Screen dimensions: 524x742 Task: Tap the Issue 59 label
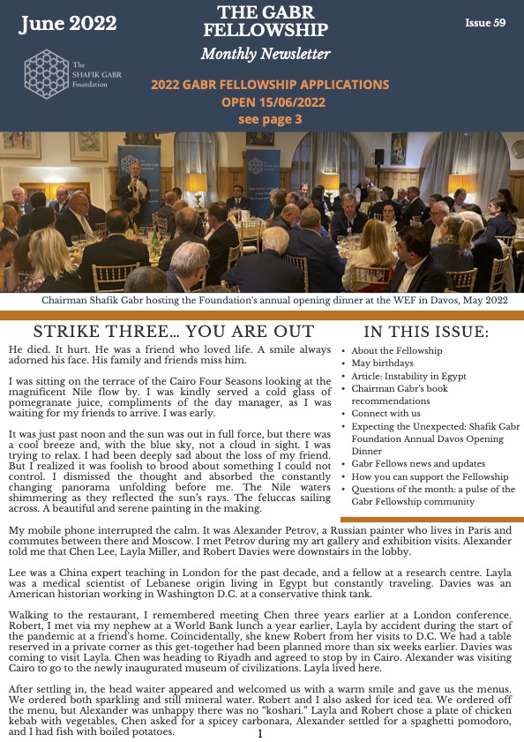(x=485, y=22)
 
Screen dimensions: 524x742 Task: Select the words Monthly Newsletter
(x=266, y=55)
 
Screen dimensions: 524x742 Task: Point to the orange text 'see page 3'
(x=270, y=118)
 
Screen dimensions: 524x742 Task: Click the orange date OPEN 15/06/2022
(x=270, y=102)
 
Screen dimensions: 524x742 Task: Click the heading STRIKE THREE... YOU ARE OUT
(x=173, y=332)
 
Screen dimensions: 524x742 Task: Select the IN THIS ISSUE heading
(x=427, y=332)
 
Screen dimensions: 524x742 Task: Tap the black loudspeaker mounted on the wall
(x=379, y=156)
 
